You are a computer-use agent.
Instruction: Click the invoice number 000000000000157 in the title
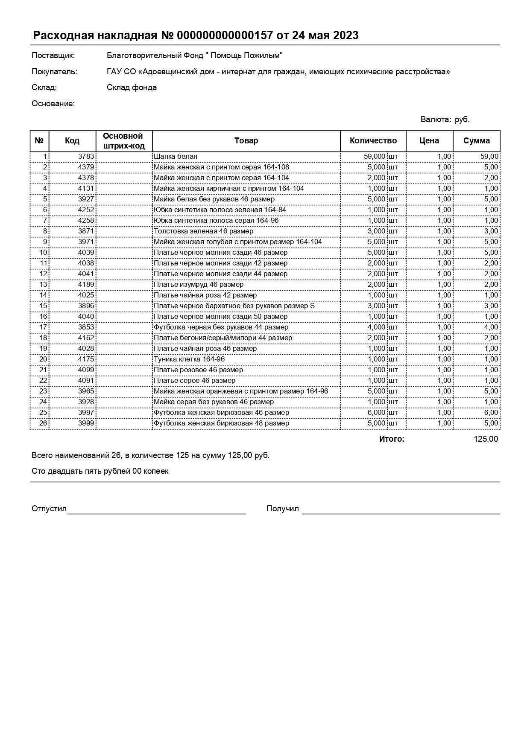pyautogui.click(x=224, y=35)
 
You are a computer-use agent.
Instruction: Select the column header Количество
pyautogui.click(x=373, y=141)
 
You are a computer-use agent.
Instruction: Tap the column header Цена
pyautogui.click(x=429, y=141)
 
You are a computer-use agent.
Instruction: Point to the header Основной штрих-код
pyautogui.click(x=123, y=141)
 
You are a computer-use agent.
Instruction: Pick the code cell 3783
pyautogui.click(x=86, y=157)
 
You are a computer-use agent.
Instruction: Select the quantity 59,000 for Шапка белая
pyautogui.click(x=374, y=157)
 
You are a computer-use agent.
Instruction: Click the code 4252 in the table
pyautogui.click(x=86, y=210)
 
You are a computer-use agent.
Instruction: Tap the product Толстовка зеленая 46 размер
pyautogui.click(x=203, y=231)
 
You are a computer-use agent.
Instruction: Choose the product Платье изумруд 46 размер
pyautogui.click(x=199, y=285)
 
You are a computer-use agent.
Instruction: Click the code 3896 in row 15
pyautogui.click(x=86, y=306)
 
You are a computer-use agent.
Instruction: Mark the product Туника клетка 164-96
pyautogui.click(x=189, y=359)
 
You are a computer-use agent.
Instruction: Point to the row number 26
pyautogui.click(x=43, y=423)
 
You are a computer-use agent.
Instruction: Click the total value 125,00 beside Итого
pyautogui.click(x=486, y=439)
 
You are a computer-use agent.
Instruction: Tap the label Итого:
pyautogui.click(x=391, y=439)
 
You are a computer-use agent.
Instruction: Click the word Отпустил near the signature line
pyautogui.click(x=49, y=509)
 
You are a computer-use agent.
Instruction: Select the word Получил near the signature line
pyautogui.click(x=282, y=509)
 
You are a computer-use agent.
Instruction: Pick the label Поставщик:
pyautogui.click(x=53, y=55)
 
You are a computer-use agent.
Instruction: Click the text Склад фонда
pyautogui.click(x=132, y=87)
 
